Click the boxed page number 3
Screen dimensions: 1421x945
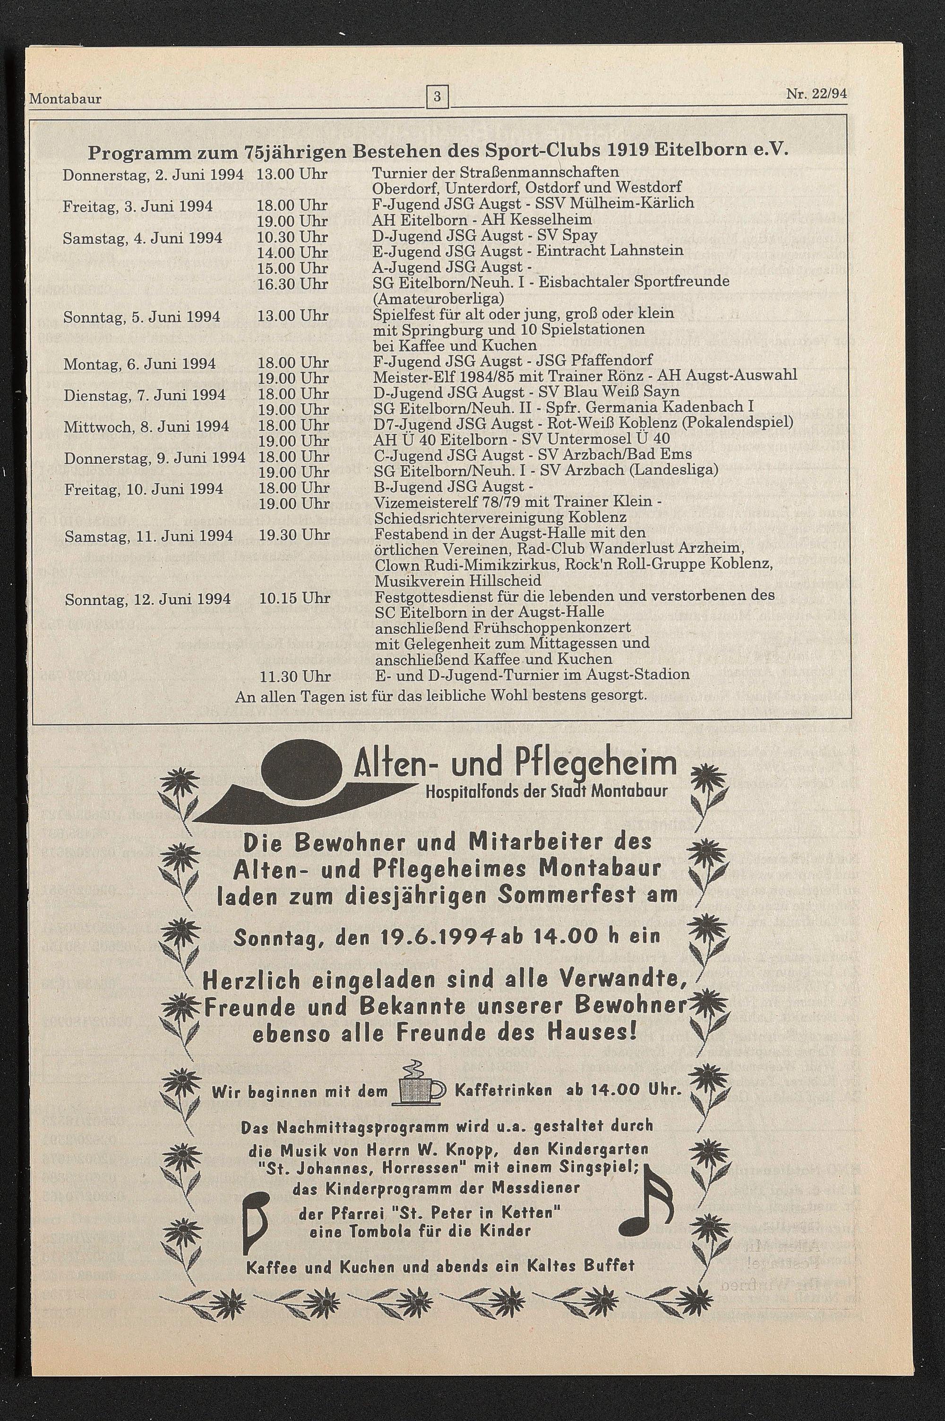pyautogui.click(x=438, y=96)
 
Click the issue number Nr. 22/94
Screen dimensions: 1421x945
pyautogui.click(x=816, y=94)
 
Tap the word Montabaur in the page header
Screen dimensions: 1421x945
pyautogui.click(x=65, y=98)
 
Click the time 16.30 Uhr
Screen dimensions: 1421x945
pyautogui.click(x=292, y=284)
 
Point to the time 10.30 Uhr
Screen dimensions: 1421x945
pyautogui.click(x=292, y=237)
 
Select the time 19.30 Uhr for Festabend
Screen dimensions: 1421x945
pyautogui.click(x=294, y=535)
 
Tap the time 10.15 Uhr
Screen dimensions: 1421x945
pyautogui.click(x=294, y=598)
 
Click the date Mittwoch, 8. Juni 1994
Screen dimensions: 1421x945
pyautogui.click(x=146, y=427)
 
